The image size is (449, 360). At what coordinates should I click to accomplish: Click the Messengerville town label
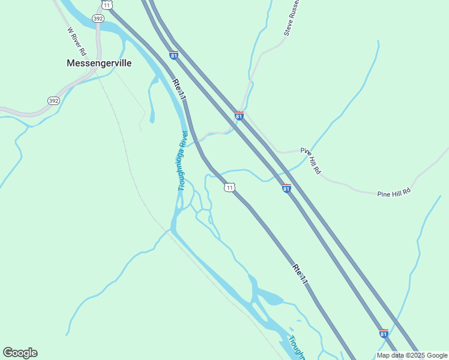click(x=98, y=62)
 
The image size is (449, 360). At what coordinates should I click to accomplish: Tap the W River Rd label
click(x=77, y=40)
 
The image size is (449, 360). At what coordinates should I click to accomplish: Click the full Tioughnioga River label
click(x=183, y=160)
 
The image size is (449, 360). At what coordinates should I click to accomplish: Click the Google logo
click(x=20, y=353)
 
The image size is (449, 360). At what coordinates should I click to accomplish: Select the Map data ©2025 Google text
click(x=412, y=355)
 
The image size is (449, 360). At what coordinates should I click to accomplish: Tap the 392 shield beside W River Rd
click(x=98, y=19)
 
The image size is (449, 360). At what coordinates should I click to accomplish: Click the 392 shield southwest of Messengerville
click(x=53, y=101)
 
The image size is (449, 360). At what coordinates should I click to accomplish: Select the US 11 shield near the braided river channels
click(x=229, y=188)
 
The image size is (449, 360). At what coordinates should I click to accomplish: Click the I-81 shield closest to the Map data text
click(x=383, y=334)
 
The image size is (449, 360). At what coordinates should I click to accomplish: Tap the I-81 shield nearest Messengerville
click(x=173, y=55)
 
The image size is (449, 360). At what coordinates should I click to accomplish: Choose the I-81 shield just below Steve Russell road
click(x=239, y=116)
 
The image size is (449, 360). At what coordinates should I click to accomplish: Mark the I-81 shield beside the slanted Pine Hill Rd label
click(x=286, y=188)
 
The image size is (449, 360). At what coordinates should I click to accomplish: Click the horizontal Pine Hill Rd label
click(x=393, y=193)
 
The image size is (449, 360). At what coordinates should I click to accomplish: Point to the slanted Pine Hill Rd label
click(x=311, y=161)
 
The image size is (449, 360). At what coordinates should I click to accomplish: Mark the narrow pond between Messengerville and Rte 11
click(x=151, y=99)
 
